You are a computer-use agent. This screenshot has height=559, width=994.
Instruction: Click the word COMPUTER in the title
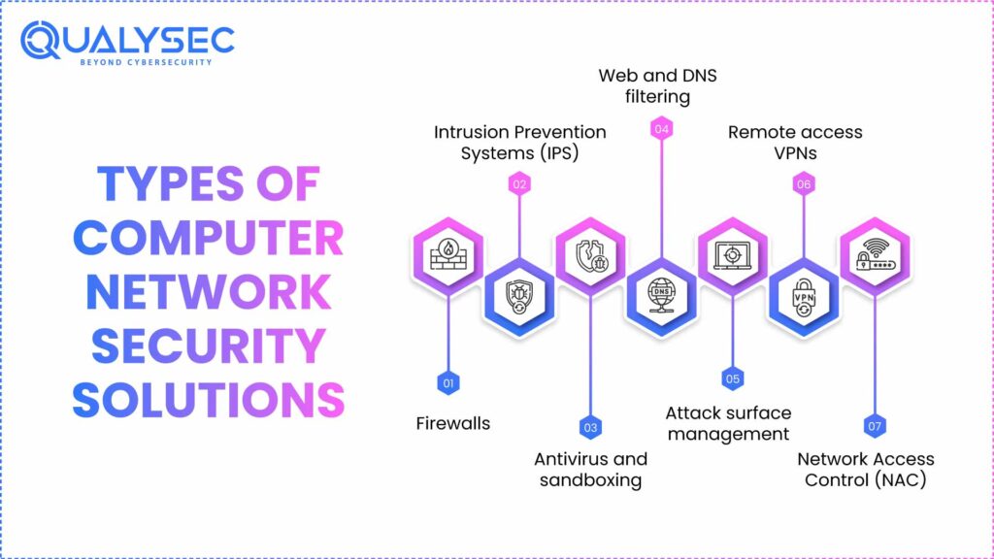209,238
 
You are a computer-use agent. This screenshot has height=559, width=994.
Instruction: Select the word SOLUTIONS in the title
209,399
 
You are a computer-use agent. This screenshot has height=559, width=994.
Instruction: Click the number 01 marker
447,383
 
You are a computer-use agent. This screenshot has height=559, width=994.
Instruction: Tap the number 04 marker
661,128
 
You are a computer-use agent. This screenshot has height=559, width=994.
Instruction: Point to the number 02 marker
519,183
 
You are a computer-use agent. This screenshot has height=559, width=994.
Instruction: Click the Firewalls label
452,423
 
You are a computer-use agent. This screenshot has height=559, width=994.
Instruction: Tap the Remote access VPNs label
795,142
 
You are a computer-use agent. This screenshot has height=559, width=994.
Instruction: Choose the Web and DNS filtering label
644,85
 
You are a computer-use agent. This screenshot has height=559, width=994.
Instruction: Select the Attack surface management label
728,423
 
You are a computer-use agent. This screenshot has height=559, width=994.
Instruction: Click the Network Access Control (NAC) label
866,469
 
